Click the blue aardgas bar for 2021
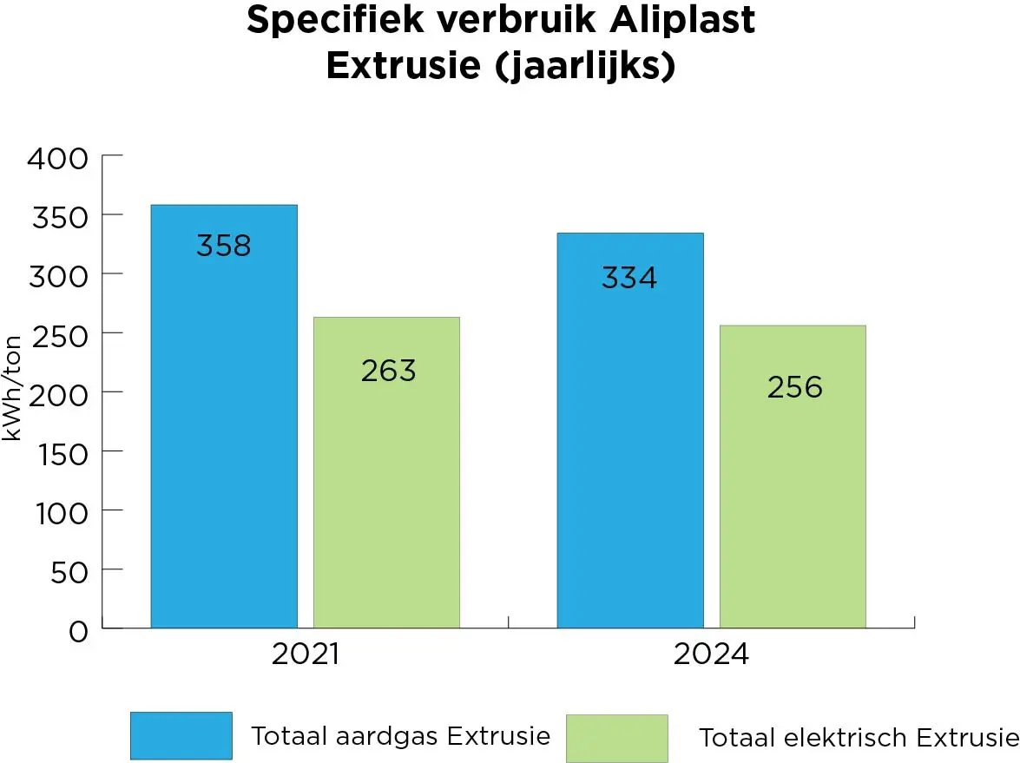[x=224, y=434]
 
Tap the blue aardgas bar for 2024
[x=630, y=451]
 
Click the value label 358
[x=223, y=246]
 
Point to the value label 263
[x=388, y=371]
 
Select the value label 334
[x=629, y=278]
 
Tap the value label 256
[x=794, y=386]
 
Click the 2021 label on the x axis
[x=305, y=654]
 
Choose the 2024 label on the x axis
[x=711, y=654]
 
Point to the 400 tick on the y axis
[x=58, y=158]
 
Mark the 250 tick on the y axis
[x=58, y=335]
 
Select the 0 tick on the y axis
[x=78, y=630]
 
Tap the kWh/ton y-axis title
[x=12, y=387]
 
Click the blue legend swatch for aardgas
[x=181, y=735]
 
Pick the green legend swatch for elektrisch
[x=616, y=738]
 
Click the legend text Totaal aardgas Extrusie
[x=400, y=736]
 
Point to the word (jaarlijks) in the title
[x=586, y=67]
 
